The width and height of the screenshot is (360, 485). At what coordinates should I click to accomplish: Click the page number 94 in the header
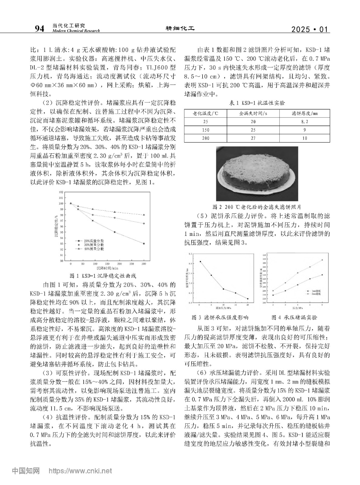(39, 29)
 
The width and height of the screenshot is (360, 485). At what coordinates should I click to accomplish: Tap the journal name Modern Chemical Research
(76, 31)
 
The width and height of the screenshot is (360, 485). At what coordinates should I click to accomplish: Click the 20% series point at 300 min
(144, 243)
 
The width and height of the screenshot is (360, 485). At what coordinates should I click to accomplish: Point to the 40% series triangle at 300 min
(144, 215)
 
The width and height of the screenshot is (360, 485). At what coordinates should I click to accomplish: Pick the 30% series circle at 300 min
(144, 223)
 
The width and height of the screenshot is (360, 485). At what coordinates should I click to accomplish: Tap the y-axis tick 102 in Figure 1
(61, 192)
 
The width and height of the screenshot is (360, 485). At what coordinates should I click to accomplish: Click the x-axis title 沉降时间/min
(107, 268)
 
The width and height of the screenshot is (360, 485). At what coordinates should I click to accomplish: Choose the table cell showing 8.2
(304, 122)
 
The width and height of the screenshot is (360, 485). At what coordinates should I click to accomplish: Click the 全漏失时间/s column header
(253, 113)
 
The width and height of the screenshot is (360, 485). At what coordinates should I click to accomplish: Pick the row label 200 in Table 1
(206, 138)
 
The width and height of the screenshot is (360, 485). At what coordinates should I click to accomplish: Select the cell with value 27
(253, 138)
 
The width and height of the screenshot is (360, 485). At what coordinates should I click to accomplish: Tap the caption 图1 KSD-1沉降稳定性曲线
(103, 276)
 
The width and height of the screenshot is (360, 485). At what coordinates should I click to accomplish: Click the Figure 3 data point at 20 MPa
(247, 299)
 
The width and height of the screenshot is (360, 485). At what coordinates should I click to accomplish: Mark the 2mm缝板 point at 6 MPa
(322, 260)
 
